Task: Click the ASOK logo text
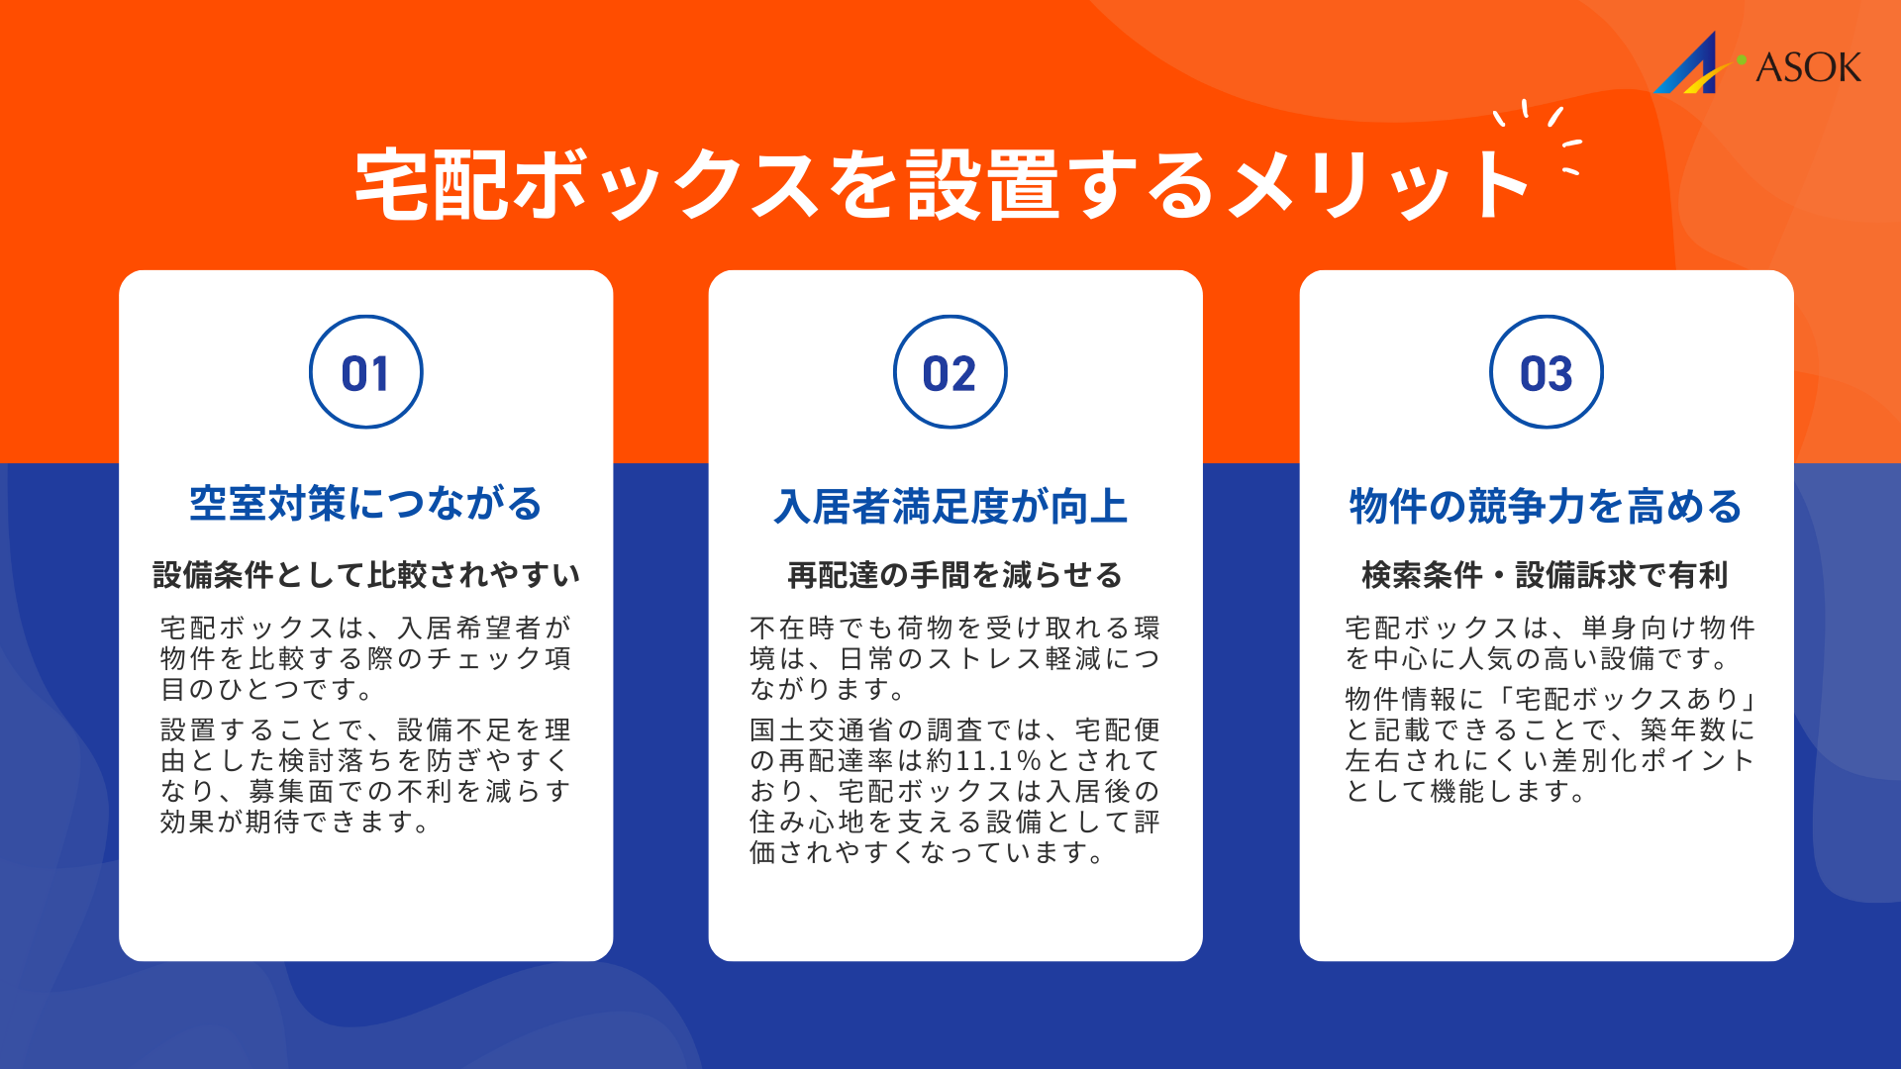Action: point(1808,67)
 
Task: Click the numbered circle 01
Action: point(366,373)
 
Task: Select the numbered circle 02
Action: point(950,373)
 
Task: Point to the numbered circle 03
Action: point(1546,373)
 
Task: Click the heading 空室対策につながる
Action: point(366,504)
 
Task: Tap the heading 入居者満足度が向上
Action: point(951,507)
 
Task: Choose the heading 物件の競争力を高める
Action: point(1546,507)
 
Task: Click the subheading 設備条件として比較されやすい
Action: point(366,575)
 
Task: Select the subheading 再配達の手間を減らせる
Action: point(954,575)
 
